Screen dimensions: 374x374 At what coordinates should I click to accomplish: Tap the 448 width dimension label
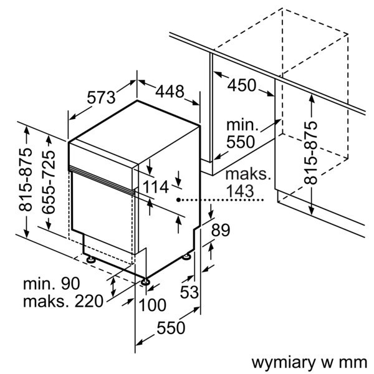(169, 92)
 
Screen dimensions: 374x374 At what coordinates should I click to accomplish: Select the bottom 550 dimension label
(171, 327)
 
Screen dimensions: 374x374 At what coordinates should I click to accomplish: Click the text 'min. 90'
(52, 284)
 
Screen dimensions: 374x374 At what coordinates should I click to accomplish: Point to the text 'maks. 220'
(62, 302)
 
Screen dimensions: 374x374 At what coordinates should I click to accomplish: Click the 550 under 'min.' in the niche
(240, 142)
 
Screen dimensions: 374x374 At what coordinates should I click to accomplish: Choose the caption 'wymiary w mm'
(309, 362)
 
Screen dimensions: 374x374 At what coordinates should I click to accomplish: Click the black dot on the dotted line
(178, 200)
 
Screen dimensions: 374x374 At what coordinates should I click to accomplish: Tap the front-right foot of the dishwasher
(146, 282)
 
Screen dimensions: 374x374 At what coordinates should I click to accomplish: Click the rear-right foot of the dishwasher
(187, 255)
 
